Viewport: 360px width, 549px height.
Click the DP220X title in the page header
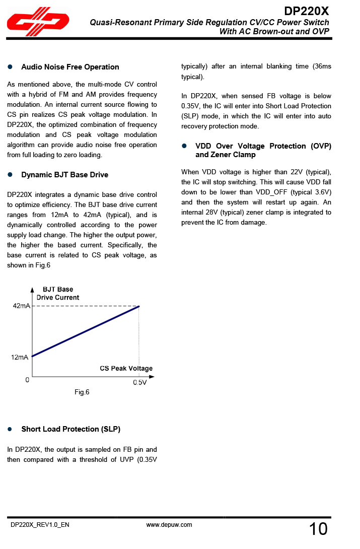(x=306, y=11)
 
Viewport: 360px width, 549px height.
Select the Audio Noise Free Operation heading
(x=70, y=67)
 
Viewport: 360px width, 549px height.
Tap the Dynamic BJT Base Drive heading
(x=64, y=175)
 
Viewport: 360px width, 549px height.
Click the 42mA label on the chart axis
(x=21, y=306)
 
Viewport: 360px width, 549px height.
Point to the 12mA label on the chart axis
(x=20, y=357)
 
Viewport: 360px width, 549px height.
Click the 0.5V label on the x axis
(x=139, y=383)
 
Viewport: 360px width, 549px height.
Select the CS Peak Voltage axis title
(x=126, y=368)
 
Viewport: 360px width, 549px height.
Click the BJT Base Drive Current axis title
(x=58, y=293)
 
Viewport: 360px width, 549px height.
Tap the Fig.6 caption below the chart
(x=82, y=392)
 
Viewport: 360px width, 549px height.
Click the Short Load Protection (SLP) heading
(x=70, y=429)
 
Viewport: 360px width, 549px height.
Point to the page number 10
(x=318, y=529)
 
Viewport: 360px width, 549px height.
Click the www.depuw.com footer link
(x=169, y=525)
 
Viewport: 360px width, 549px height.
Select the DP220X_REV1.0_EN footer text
(x=40, y=525)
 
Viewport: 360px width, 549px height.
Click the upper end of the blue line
(x=139, y=306)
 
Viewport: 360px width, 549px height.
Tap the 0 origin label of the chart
(x=28, y=381)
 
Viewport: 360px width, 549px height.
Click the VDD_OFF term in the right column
(x=271, y=192)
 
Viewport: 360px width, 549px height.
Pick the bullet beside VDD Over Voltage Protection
(x=184, y=146)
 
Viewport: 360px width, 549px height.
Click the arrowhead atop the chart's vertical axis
(x=32, y=290)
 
